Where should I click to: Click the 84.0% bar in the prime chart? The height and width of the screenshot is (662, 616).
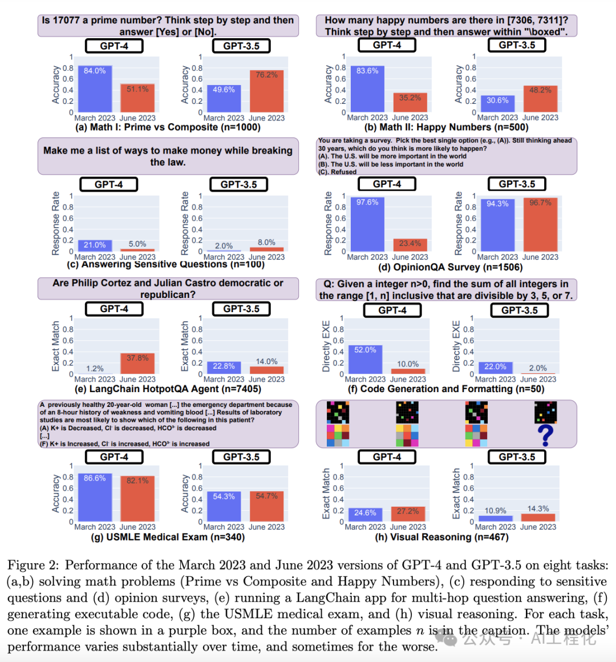pos(95,89)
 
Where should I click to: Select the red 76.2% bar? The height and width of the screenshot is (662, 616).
pos(266,91)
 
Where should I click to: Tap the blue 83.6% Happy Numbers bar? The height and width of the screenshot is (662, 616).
pos(367,88)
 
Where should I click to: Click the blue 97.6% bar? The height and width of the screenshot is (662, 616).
pos(367,224)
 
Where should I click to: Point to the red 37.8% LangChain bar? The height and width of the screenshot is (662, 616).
pos(137,364)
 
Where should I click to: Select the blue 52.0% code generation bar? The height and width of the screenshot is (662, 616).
pos(365,360)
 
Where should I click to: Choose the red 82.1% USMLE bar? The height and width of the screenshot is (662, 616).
pos(137,498)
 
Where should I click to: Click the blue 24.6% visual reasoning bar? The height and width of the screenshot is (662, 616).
pos(365,514)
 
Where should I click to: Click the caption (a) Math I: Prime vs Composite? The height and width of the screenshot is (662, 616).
pos(168,127)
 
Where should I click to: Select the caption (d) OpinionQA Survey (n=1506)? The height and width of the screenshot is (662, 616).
pos(450,267)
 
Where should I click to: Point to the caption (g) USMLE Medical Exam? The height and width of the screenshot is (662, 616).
pos(168,537)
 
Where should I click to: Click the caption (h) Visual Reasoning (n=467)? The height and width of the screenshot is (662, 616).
pos(441,537)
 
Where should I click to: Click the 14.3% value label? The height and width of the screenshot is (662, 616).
pos(538,508)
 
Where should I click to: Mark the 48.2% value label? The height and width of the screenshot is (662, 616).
pos(540,90)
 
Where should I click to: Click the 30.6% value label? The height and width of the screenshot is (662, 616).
pos(497,100)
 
